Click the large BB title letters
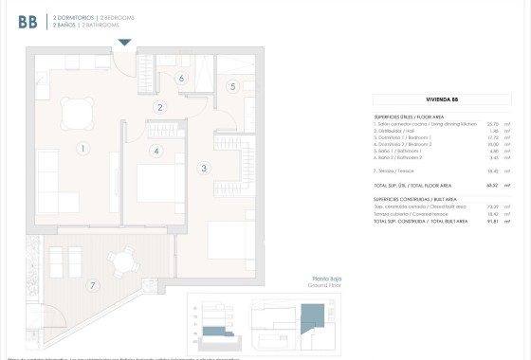[x=27, y=21]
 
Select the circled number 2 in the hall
[x=161, y=108]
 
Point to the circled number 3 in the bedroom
[x=203, y=169]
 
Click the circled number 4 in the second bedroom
[x=156, y=151]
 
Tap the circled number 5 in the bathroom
[x=232, y=86]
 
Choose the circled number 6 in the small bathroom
[x=181, y=79]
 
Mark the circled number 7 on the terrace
[x=92, y=285]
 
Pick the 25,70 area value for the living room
[x=492, y=123]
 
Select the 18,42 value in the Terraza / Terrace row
[x=492, y=171]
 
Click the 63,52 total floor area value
[x=492, y=187]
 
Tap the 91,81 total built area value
[x=492, y=220]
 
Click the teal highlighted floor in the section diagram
[x=218, y=329]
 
